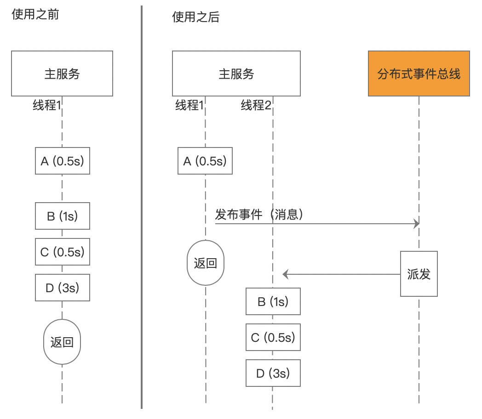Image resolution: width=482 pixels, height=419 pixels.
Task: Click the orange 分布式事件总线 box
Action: (x=419, y=74)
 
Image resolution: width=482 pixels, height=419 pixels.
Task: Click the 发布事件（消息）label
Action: (x=259, y=214)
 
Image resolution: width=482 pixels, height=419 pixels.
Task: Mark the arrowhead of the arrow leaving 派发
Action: (x=285, y=274)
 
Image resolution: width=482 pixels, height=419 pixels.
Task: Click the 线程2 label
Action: (x=256, y=105)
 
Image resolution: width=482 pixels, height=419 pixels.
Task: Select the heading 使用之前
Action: (x=35, y=14)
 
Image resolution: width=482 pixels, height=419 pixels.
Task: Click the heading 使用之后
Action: (x=196, y=17)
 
